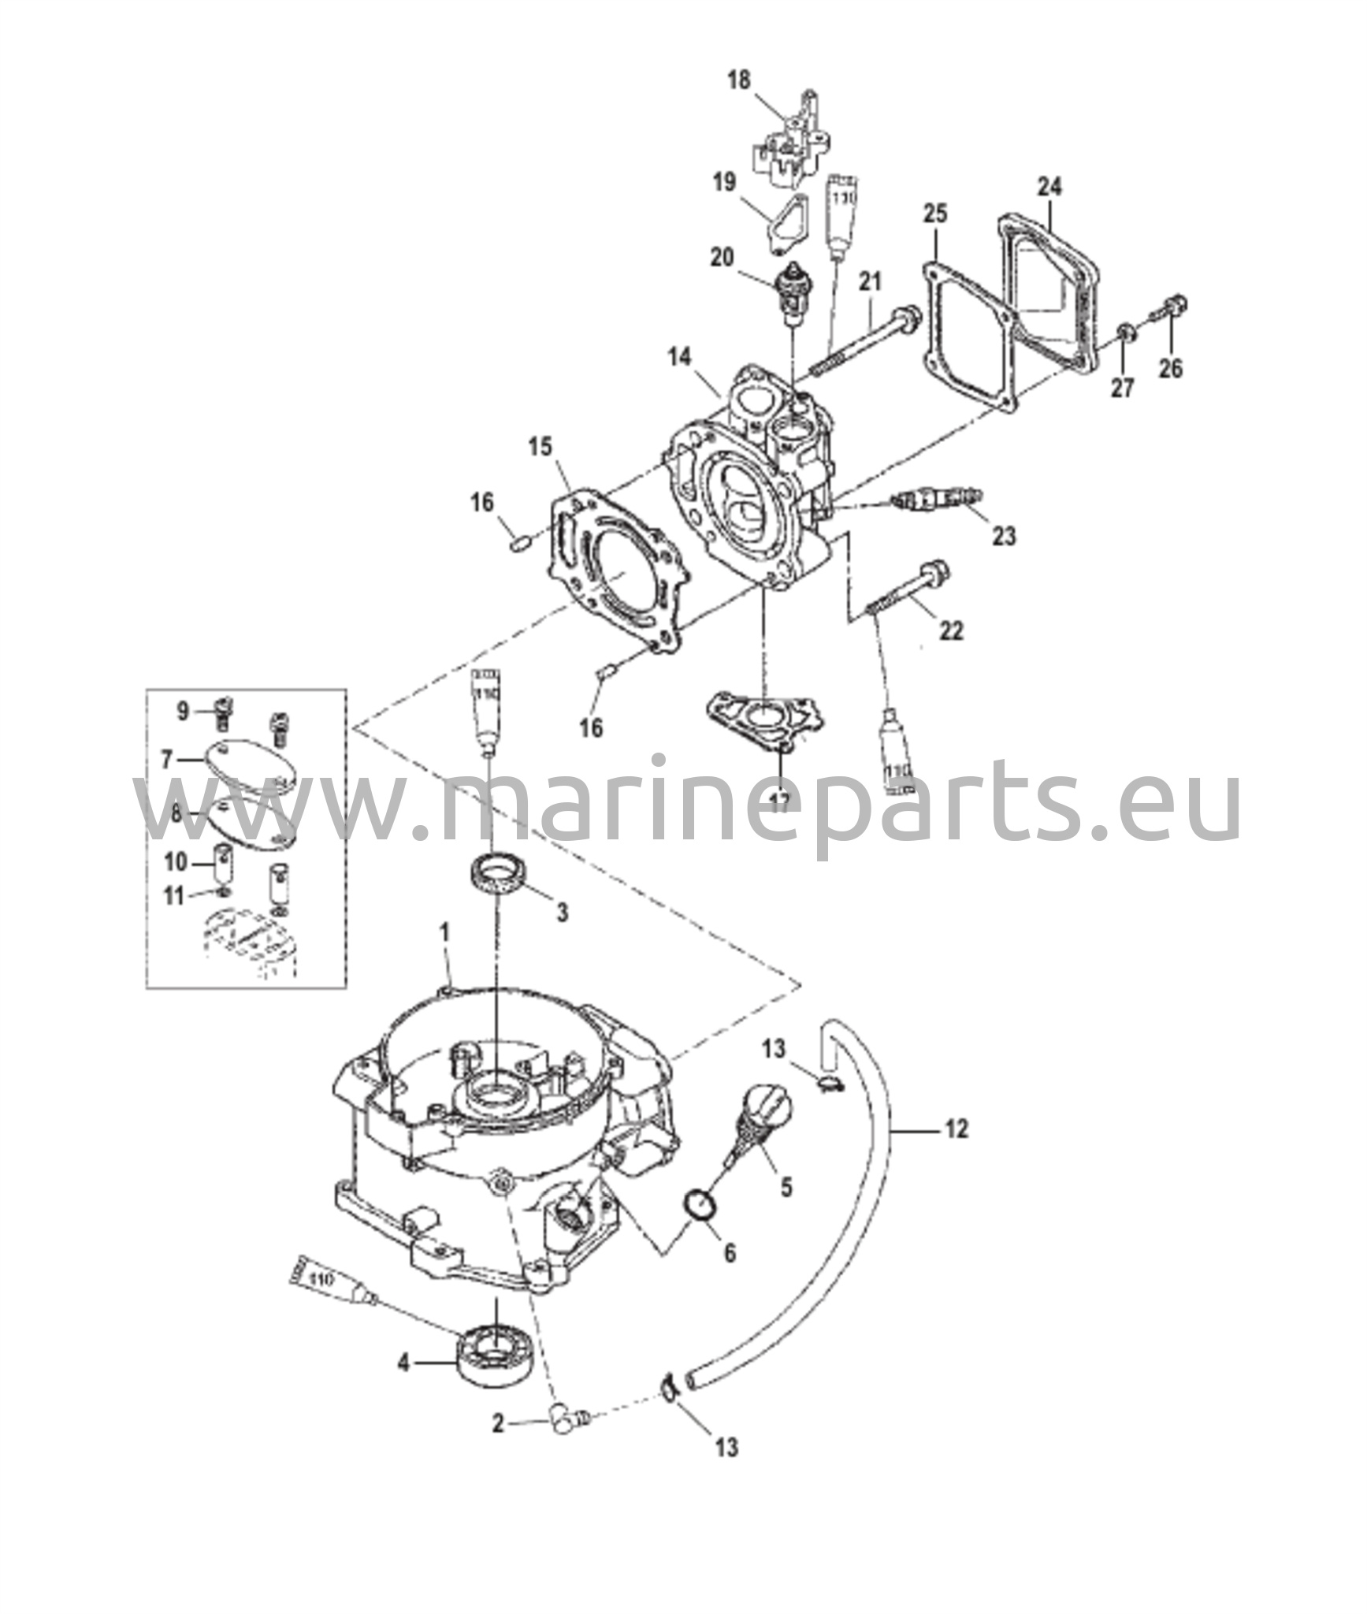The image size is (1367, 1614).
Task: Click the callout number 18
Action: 739,80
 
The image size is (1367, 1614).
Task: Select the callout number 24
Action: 1049,187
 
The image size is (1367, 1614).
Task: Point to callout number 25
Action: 935,214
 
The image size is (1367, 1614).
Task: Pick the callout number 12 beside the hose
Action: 955,1129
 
